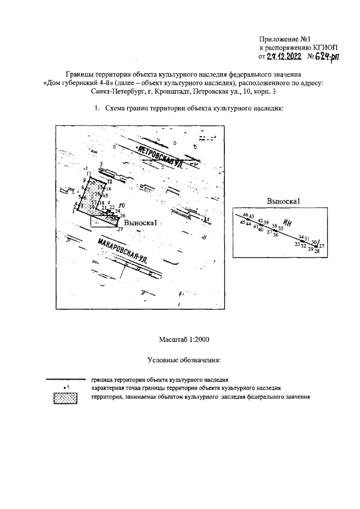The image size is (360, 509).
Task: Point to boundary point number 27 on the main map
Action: (x=120, y=229)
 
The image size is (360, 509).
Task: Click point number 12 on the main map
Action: (x=110, y=182)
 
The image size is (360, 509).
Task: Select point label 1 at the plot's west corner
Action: (x=73, y=211)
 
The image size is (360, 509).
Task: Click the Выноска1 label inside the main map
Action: (x=140, y=223)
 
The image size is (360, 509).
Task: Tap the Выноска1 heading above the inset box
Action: (x=285, y=201)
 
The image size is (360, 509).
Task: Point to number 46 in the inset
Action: (x=245, y=215)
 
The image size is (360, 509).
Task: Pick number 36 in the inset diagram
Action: (x=276, y=235)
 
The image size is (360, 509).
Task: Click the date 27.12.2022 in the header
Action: (x=280, y=57)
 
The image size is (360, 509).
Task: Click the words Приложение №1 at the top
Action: (x=285, y=39)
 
